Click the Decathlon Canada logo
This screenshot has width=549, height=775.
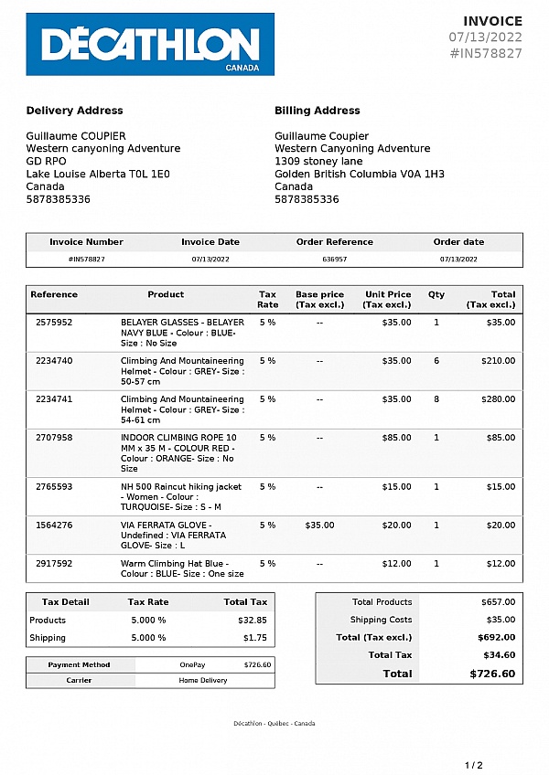click(150, 44)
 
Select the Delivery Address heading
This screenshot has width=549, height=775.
click(74, 111)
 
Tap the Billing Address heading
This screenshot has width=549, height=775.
click(318, 111)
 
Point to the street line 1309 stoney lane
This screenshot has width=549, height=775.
click(318, 161)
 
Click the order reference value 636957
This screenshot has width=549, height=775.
click(335, 260)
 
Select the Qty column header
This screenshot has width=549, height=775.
click(436, 295)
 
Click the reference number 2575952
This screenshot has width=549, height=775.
click(54, 323)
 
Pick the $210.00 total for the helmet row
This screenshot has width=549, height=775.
click(499, 361)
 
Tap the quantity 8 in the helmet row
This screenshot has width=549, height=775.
click(436, 399)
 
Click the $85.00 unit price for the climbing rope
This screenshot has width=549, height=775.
click(396, 438)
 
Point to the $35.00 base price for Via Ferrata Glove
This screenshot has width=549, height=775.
click(319, 526)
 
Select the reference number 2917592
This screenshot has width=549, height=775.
click(54, 564)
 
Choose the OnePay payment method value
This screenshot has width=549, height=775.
click(192, 665)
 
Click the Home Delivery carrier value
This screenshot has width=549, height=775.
click(203, 681)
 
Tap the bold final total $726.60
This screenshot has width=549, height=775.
click(492, 674)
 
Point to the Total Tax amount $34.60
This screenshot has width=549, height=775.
click(499, 655)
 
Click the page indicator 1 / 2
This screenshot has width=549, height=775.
click(473, 765)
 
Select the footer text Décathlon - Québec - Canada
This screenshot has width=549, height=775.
click(274, 724)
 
